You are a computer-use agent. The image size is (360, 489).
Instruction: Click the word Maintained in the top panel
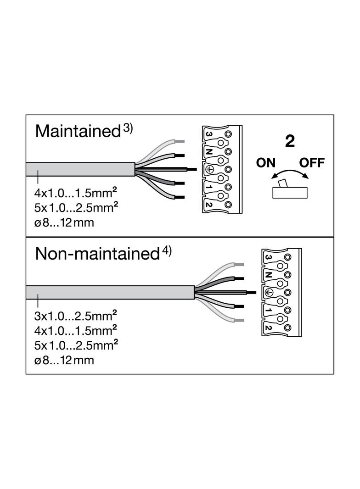[78, 131]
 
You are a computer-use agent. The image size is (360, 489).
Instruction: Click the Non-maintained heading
[97, 254]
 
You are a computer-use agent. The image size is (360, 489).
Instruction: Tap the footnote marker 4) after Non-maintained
[167, 251]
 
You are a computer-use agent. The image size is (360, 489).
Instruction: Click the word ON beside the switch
[266, 163]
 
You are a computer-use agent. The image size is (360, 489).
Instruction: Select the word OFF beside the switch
[312, 163]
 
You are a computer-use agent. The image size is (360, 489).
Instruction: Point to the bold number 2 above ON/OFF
[290, 141]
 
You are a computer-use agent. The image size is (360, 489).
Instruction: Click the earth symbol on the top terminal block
[209, 169]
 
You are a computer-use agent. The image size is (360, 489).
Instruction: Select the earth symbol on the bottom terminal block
[268, 292]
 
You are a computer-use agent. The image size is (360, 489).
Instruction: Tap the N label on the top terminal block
[209, 151]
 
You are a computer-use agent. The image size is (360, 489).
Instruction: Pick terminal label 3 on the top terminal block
[208, 134]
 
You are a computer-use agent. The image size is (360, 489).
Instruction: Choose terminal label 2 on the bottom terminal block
[268, 328]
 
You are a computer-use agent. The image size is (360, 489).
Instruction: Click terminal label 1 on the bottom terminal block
[268, 310]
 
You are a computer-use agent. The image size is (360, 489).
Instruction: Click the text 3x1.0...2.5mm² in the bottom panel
[76, 316]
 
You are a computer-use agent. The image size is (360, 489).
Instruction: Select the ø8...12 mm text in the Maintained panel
[64, 222]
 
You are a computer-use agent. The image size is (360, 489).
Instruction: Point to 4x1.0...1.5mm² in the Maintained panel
[76, 193]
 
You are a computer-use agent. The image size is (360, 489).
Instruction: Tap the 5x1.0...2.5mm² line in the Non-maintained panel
[76, 345]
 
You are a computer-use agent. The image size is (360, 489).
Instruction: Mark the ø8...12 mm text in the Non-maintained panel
[64, 360]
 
